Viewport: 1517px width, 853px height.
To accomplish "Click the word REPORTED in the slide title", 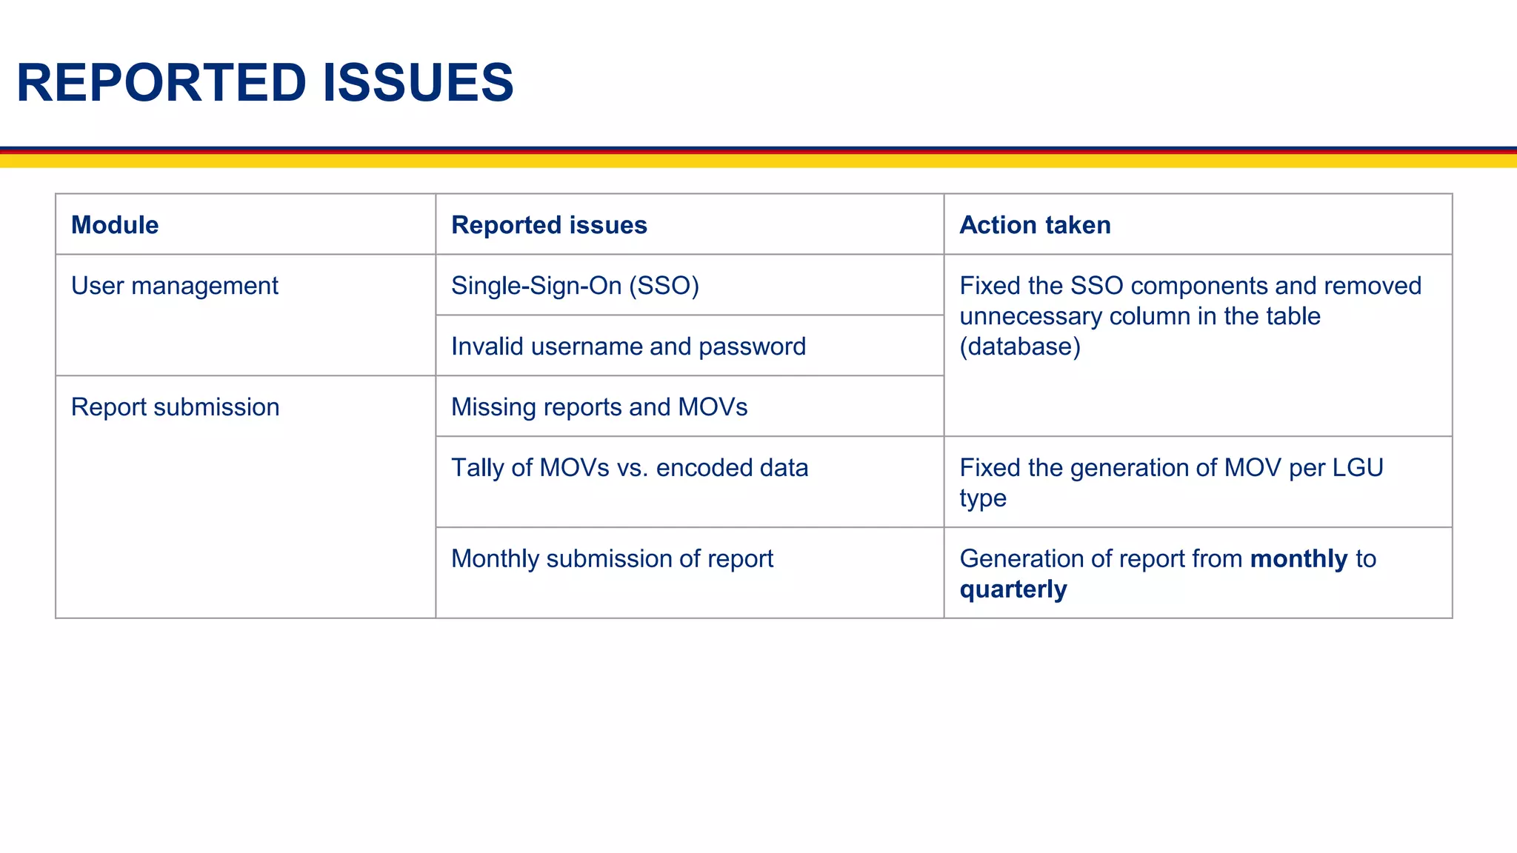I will click(161, 82).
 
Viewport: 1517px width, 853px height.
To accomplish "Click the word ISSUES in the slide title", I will click(418, 82).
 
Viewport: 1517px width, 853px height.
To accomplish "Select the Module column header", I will click(115, 225).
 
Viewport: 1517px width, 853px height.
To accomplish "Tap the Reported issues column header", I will click(549, 225).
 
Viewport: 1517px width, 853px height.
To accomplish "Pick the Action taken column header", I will click(1035, 225).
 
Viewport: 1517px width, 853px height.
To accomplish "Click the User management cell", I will click(174, 286).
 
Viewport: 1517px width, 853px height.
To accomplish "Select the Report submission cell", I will click(175, 407).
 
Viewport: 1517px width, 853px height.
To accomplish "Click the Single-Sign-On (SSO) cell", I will click(575, 286).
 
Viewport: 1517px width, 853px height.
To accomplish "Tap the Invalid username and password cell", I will click(628, 347).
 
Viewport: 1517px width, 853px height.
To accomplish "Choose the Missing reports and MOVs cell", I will click(599, 407).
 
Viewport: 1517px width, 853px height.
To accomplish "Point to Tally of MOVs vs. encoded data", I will click(630, 468).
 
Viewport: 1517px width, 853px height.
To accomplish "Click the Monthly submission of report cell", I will click(612, 558).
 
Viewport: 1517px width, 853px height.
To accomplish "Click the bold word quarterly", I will click(1013, 589).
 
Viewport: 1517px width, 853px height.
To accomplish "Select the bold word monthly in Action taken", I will click(1298, 558).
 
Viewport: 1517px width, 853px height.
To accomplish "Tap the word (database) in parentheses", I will click(1020, 347).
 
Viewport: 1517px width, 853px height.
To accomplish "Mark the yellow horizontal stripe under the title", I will click(758, 161).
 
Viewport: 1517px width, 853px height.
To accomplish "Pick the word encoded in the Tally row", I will click(693, 468).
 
